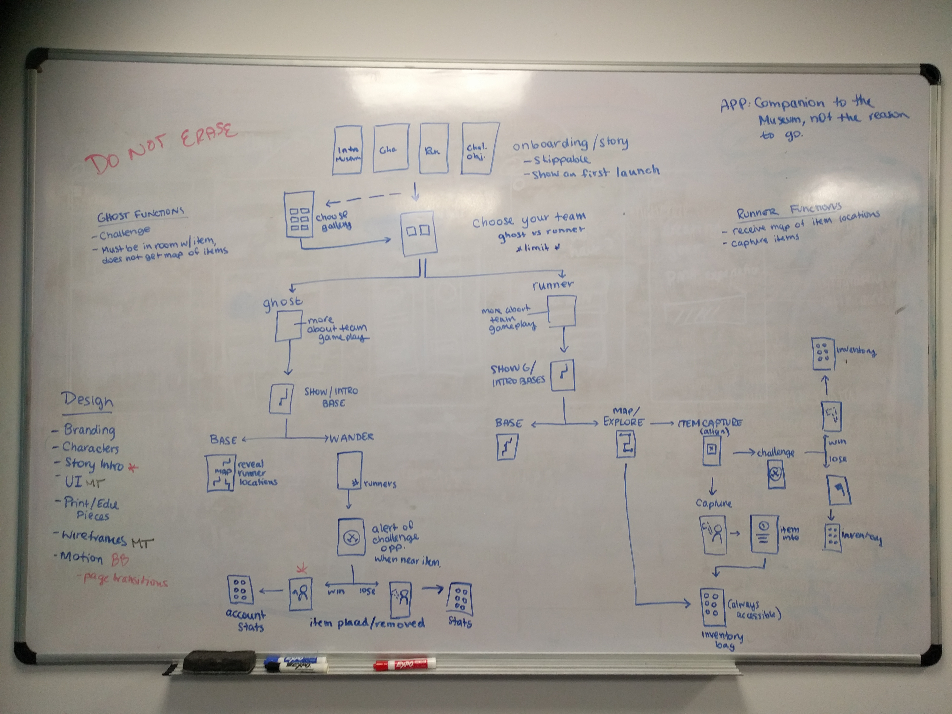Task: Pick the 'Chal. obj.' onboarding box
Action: pos(479,149)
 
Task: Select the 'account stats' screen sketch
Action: pos(240,590)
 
